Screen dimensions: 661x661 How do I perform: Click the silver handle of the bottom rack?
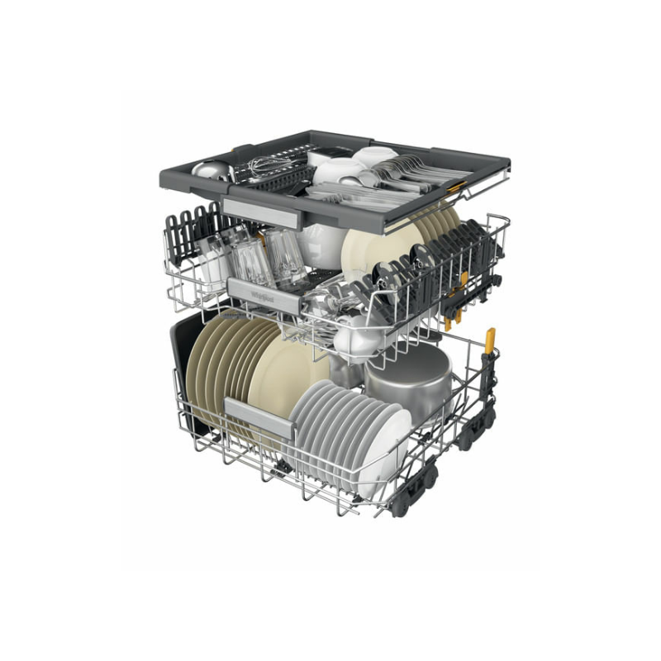tap(259, 416)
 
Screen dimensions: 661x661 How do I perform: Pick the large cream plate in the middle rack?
tap(372, 248)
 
